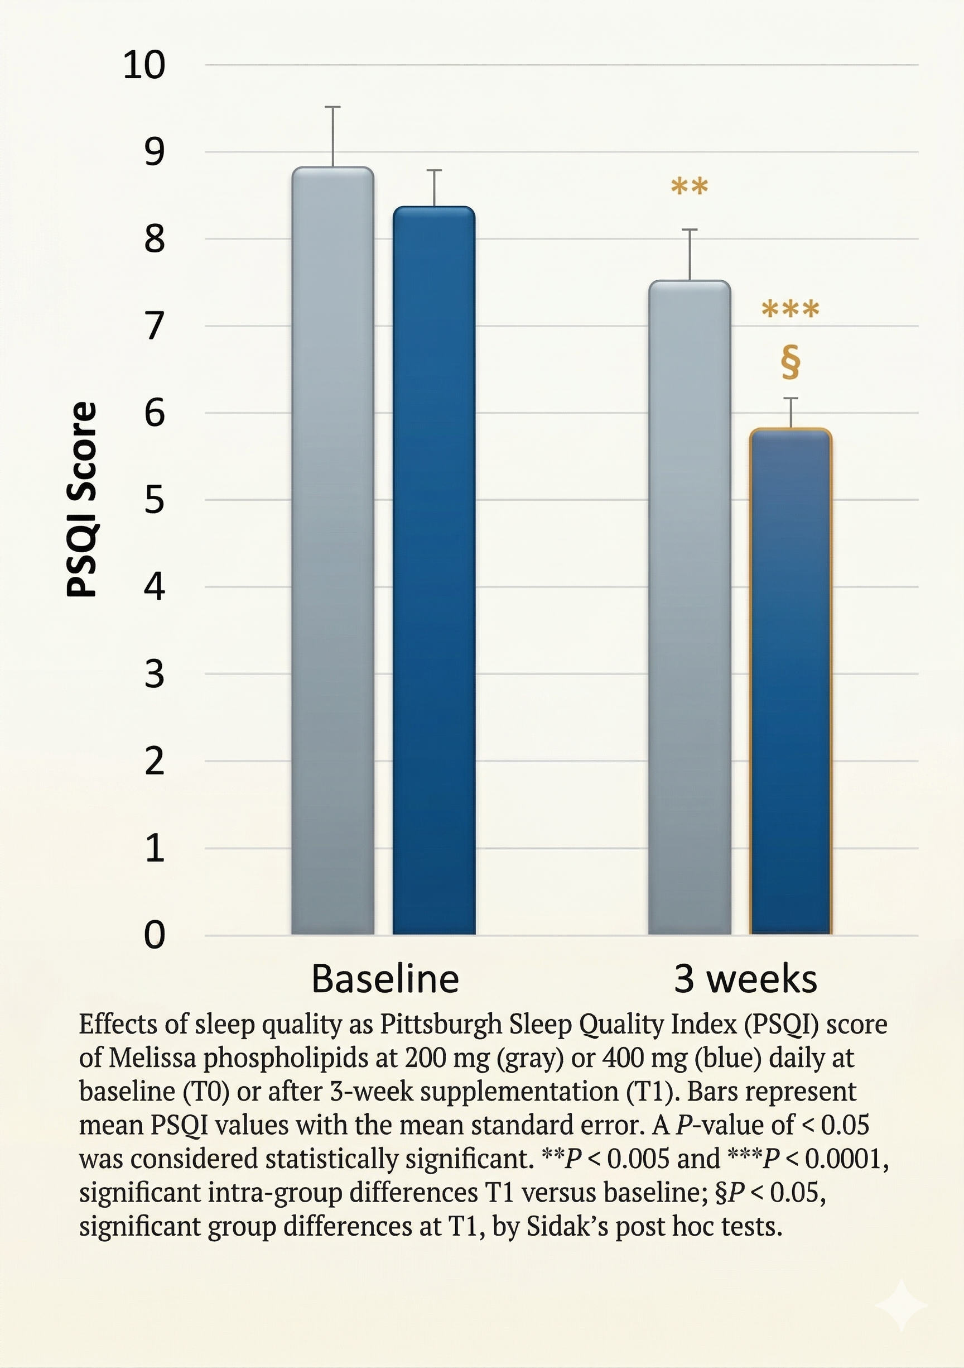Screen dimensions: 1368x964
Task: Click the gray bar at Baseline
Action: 332,551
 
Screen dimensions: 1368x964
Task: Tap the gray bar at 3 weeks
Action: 690,608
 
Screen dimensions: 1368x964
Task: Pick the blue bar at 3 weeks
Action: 790,682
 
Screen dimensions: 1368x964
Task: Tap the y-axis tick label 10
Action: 143,65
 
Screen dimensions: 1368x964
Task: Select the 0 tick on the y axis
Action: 154,935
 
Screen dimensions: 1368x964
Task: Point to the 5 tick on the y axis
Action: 154,500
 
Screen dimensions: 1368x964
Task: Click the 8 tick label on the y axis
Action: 154,239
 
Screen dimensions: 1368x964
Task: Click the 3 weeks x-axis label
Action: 745,979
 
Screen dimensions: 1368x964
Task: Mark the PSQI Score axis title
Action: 81,499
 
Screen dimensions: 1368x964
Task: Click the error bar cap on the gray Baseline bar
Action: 332,107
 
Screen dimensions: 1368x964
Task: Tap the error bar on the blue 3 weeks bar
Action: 791,412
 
